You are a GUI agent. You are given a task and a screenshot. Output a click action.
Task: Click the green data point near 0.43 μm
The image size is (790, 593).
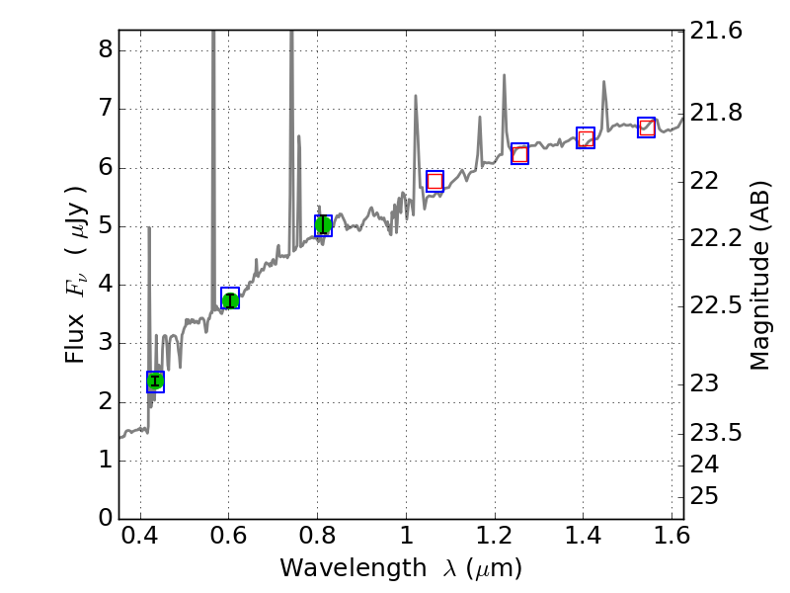[155, 381]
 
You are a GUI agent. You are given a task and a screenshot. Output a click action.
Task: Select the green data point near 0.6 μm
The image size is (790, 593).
[230, 299]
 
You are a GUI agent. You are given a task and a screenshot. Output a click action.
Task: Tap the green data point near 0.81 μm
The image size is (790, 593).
[323, 225]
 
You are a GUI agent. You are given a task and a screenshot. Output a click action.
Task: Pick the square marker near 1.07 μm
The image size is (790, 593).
[434, 180]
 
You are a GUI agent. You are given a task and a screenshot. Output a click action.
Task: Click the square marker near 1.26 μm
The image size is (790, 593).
[519, 153]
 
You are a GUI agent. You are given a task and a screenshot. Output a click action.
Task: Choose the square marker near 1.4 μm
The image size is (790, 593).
[586, 138]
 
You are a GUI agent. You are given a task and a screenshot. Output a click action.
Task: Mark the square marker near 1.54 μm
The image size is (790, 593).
[647, 127]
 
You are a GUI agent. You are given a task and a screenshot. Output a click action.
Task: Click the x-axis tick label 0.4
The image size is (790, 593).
[140, 540]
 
